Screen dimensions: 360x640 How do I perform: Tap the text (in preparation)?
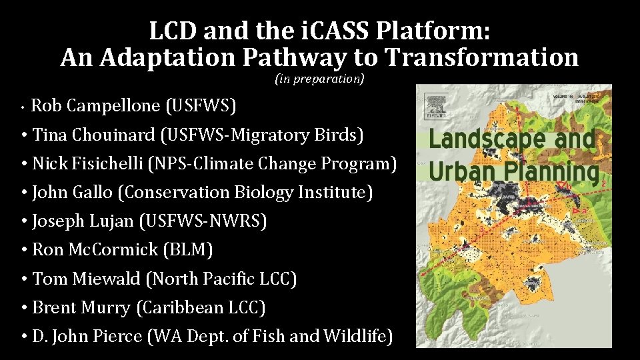click(319, 79)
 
